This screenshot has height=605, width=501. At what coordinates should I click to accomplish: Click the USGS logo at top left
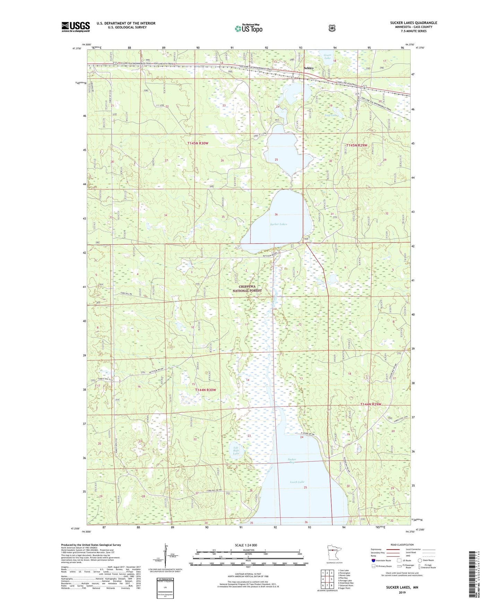pos(76,27)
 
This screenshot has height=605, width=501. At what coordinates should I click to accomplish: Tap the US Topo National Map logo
pos(248,28)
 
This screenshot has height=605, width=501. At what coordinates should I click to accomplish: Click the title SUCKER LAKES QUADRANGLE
pos(413,23)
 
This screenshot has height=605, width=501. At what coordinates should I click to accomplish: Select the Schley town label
pos(308,68)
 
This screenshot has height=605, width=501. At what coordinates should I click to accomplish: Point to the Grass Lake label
pos(327,56)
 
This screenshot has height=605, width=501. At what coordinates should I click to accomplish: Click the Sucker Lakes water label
pos(278,224)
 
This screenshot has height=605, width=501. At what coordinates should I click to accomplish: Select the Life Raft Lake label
pos(236,450)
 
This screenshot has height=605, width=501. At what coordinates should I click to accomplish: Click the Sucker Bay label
pos(292,461)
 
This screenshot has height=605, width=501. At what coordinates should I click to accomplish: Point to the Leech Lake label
pos(297,482)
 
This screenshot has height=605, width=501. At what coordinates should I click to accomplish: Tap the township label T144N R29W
pos(370,404)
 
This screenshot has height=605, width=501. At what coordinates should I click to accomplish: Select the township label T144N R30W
pos(205,390)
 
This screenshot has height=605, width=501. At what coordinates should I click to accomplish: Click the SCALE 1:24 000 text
pos(246,545)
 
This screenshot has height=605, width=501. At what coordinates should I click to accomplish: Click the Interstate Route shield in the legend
pos(373,560)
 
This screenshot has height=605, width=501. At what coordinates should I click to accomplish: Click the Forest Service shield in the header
pos(332,28)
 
